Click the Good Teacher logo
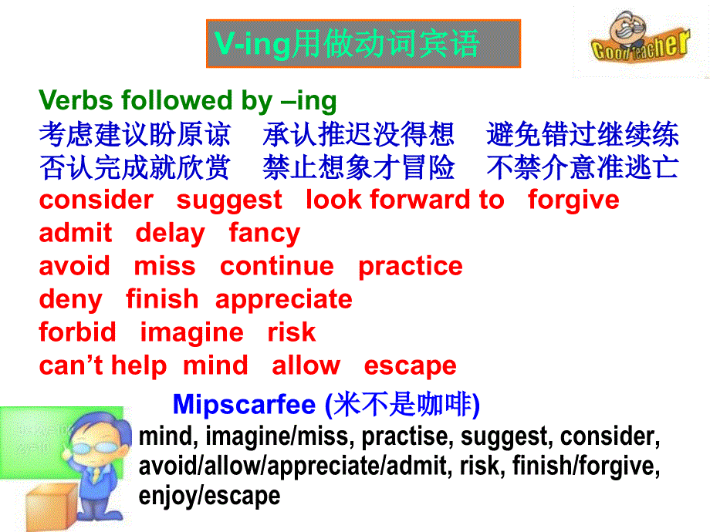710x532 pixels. [641, 38]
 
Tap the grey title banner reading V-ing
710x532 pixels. [363, 44]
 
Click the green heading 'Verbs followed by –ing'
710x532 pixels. [188, 100]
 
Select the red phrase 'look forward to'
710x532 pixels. [405, 200]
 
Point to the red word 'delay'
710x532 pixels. [171, 234]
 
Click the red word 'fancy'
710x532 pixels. [265, 234]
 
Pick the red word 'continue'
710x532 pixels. [277, 266]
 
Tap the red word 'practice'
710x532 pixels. [411, 267]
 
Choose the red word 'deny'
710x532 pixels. [71, 300]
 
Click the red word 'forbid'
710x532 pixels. [77, 332]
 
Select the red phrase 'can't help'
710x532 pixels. [103, 365]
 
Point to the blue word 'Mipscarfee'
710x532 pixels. [244, 404]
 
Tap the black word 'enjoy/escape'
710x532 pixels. [209, 496]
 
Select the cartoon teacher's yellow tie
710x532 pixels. [96, 474]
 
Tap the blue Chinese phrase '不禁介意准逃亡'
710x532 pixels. [583, 167]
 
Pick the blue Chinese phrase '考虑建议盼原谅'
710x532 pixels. [135, 134]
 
